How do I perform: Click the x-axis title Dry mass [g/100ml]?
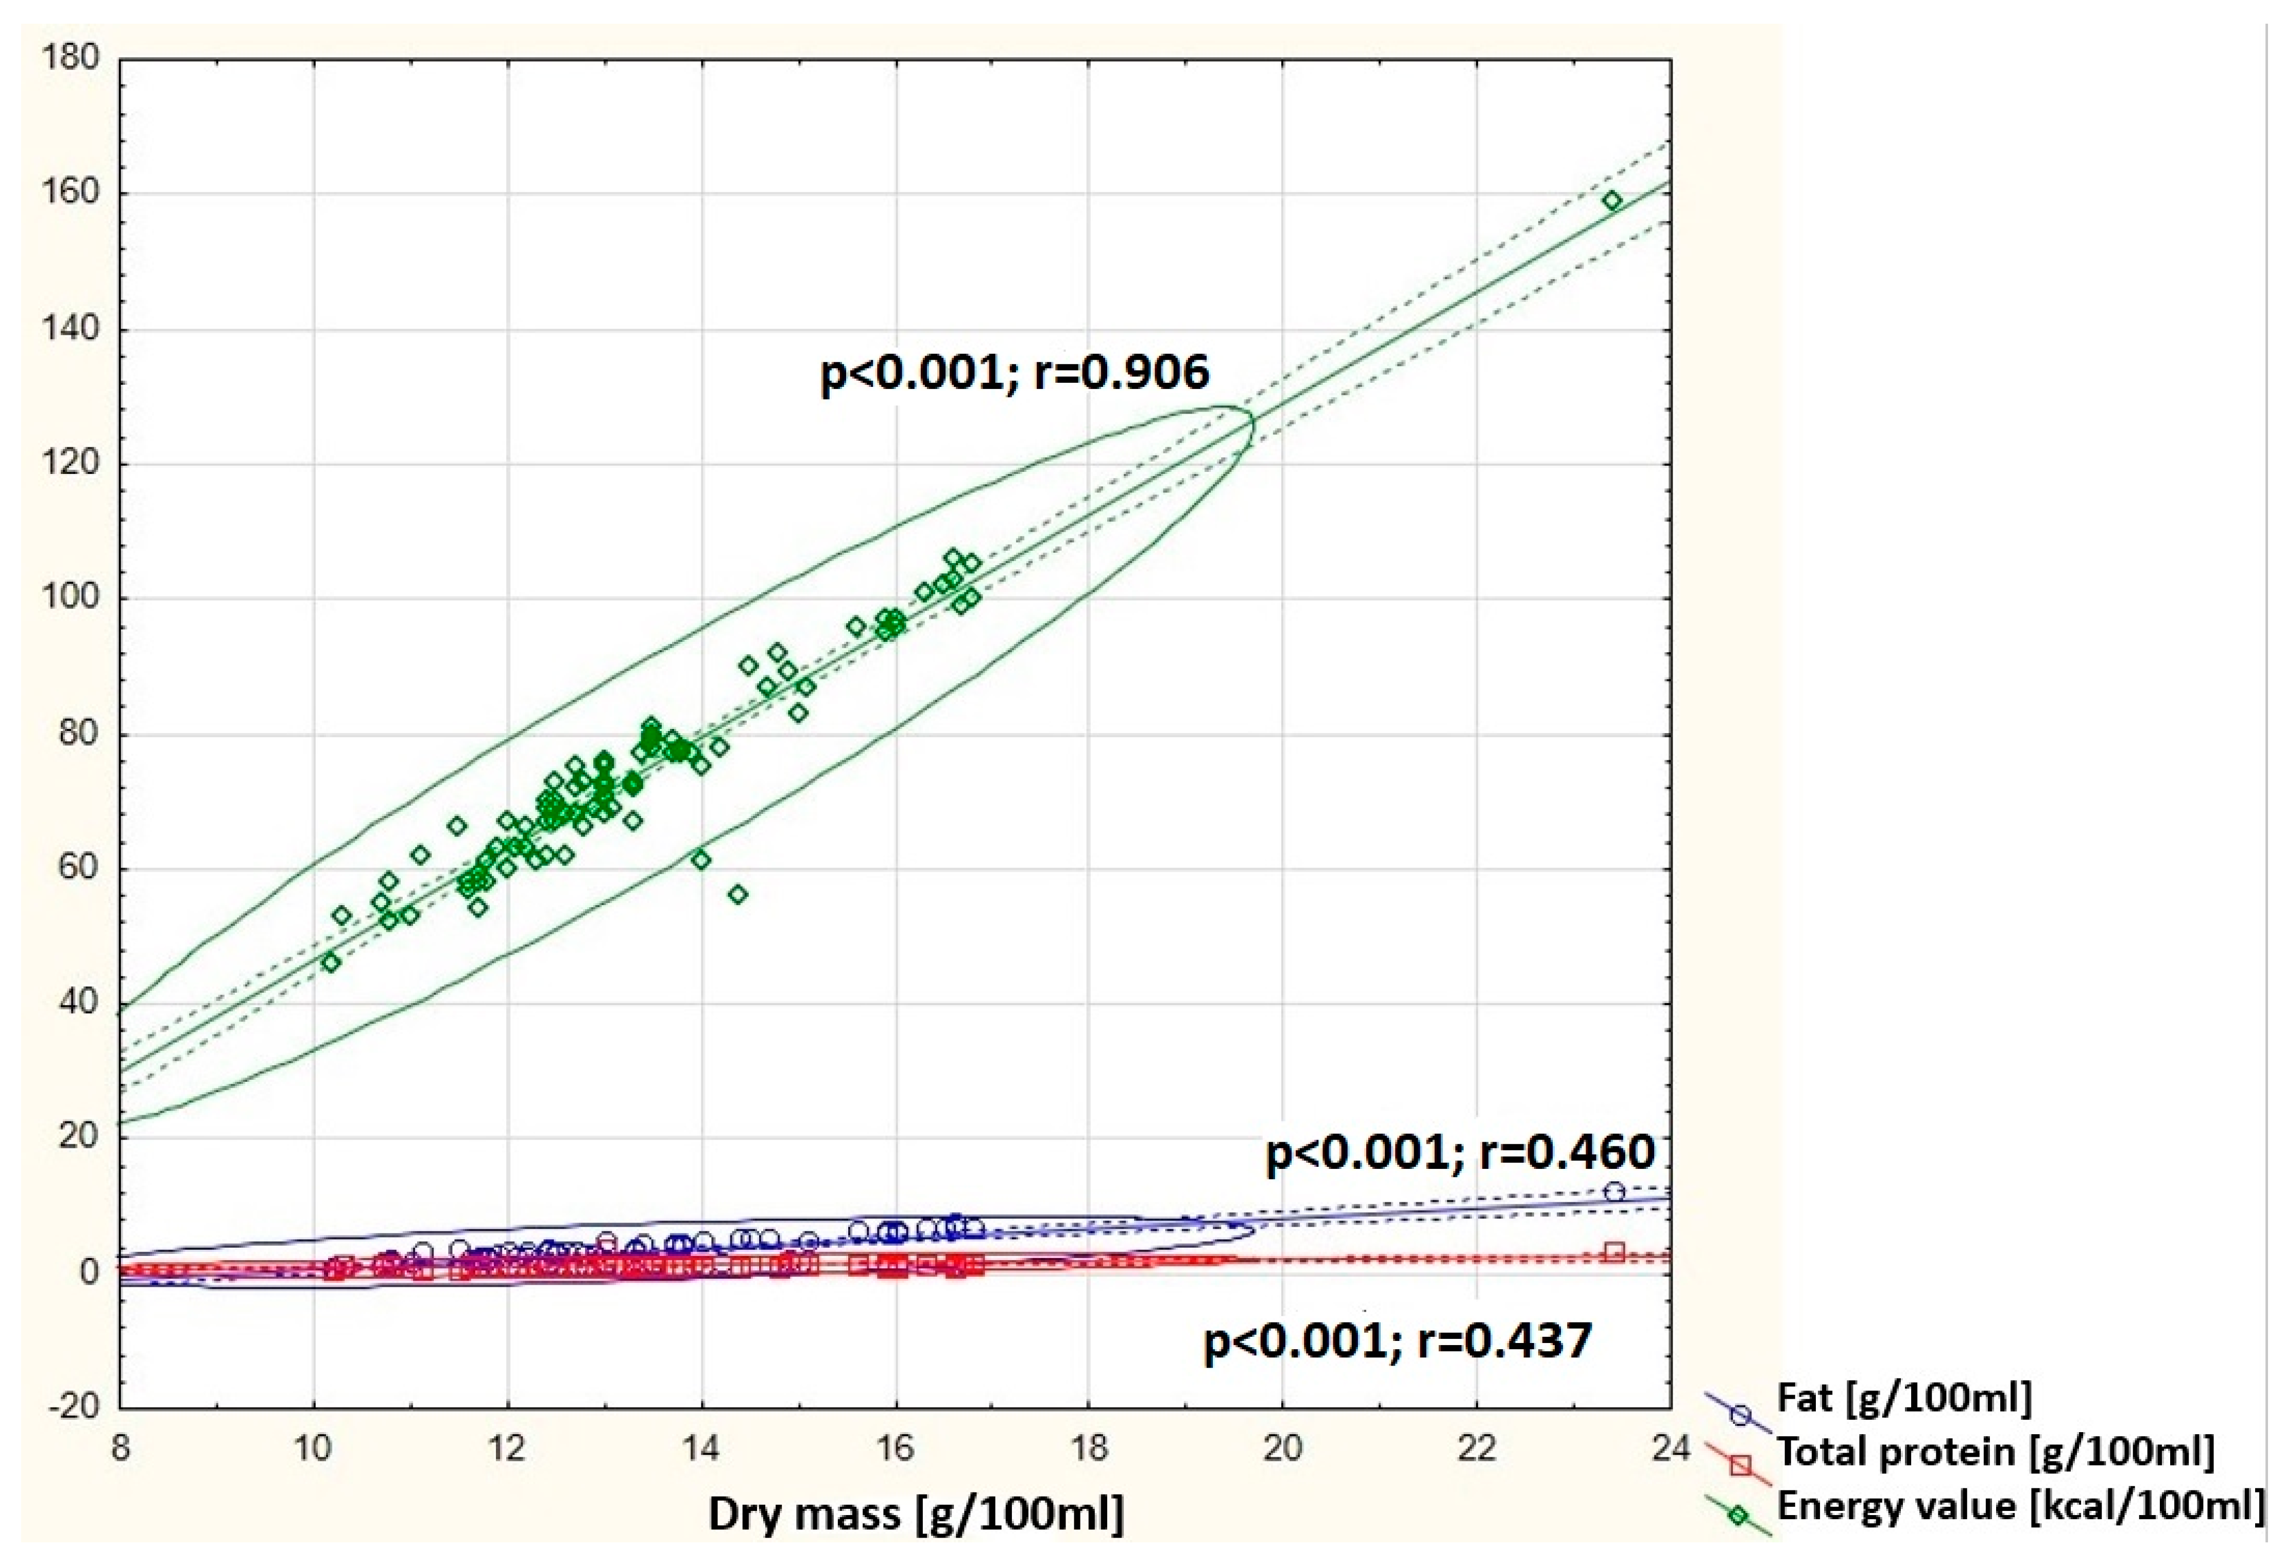915,1514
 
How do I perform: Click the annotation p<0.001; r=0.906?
1013,373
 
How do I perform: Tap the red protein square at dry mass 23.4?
1613,1252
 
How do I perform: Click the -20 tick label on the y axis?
75,1406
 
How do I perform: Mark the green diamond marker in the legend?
1738,1516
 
